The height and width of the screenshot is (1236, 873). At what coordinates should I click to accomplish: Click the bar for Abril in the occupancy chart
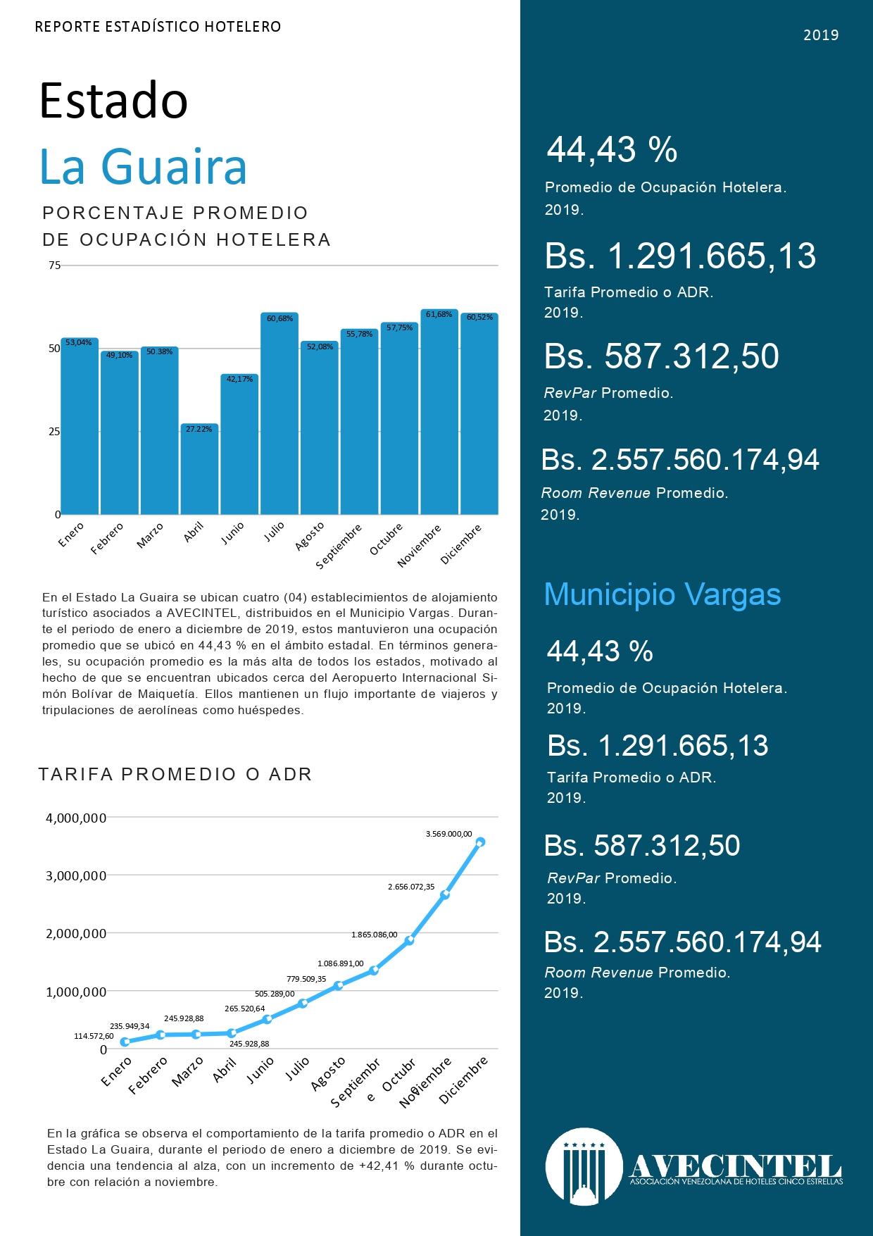pos(200,469)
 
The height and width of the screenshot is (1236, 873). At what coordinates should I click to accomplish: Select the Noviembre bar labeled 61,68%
pos(439,412)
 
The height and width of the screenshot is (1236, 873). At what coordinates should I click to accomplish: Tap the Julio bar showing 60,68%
pos(280,413)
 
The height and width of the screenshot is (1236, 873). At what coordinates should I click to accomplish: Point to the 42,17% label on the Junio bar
pos(239,380)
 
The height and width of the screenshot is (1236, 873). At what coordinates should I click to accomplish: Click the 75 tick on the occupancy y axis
pos(54,266)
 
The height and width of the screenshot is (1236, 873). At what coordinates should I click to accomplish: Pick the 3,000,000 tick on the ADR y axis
pos(76,875)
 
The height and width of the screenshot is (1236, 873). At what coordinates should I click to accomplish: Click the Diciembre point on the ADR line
pos(481,842)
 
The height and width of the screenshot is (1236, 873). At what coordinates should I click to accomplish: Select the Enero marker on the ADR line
pos(125,1042)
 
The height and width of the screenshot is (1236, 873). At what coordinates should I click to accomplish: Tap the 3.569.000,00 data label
pos(448,833)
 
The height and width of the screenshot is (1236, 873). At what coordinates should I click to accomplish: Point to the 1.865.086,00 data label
pos(374,935)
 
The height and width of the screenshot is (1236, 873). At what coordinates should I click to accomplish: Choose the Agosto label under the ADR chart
pos(329,1074)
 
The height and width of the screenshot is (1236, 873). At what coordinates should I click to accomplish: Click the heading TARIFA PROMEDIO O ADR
pos(175,775)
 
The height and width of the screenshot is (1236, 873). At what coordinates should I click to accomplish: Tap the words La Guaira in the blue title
pos(144,166)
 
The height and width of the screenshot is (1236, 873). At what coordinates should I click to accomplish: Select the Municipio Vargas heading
pos(662,594)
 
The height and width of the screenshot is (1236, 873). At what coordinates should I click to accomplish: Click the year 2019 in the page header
pos(821,35)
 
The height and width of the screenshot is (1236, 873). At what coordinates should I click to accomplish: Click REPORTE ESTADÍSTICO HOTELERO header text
pos(158,27)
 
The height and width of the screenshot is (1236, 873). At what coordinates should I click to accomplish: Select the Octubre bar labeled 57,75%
pos(399,418)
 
